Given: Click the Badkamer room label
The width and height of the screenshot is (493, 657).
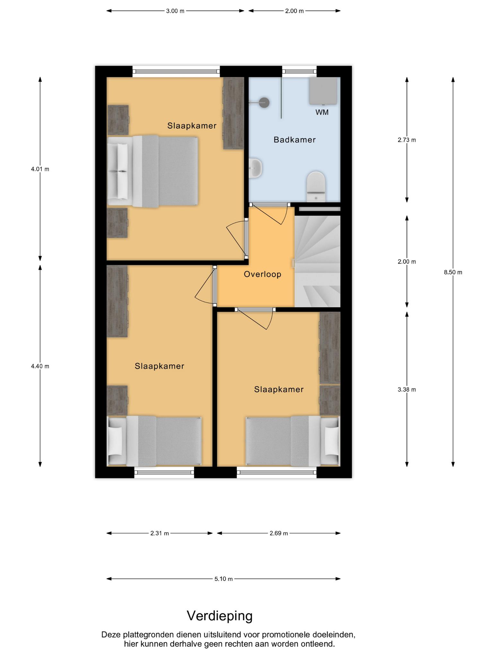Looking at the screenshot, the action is pyautogui.click(x=294, y=140).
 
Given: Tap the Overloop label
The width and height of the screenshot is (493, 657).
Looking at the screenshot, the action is pyautogui.click(x=263, y=274).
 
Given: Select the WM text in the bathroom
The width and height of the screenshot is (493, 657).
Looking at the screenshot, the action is pyautogui.click(x=322, y=112).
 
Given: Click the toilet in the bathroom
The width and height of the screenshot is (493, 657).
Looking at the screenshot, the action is pyautogui.click(x=316, y=186).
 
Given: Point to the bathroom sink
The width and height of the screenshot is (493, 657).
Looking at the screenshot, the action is pyautogui.click(x=256, y=168).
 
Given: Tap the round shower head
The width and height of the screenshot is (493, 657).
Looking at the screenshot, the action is pyautogui.click(x=264, y=103).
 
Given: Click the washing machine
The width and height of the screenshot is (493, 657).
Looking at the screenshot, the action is pyautogui.click(x=323, y=91).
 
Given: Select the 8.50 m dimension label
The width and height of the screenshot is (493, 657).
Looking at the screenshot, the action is pyautogui.click(x=453, y=272).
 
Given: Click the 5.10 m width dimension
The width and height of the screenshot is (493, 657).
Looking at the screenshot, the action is pyautogui.click(x=223, y=579).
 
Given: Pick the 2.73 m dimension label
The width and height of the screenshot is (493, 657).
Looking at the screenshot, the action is pyautogui.click(x=407, y=140).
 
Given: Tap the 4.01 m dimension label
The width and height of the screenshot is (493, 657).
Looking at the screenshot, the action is pyautogui.click(x=40, y=169).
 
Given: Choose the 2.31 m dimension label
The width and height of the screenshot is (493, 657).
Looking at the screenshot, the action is pyautogui.click(x=160, y=533).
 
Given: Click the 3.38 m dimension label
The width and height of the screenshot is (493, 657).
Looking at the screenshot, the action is pyautogui.click(x=407, y=390).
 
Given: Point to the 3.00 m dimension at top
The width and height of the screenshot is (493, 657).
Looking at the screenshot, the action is pyautogui.click(x=175, y=11).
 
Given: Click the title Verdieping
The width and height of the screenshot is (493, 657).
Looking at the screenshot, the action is pyautogui.click(x=220, y=616).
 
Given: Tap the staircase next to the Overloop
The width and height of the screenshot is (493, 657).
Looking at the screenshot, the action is pyautogui.click(x=317, y=261).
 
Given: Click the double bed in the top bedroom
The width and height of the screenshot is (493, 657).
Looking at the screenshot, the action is pyautogui.click(x=153, y=171).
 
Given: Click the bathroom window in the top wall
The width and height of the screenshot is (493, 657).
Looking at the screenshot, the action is pyautogui.click(x=299, y=72).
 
